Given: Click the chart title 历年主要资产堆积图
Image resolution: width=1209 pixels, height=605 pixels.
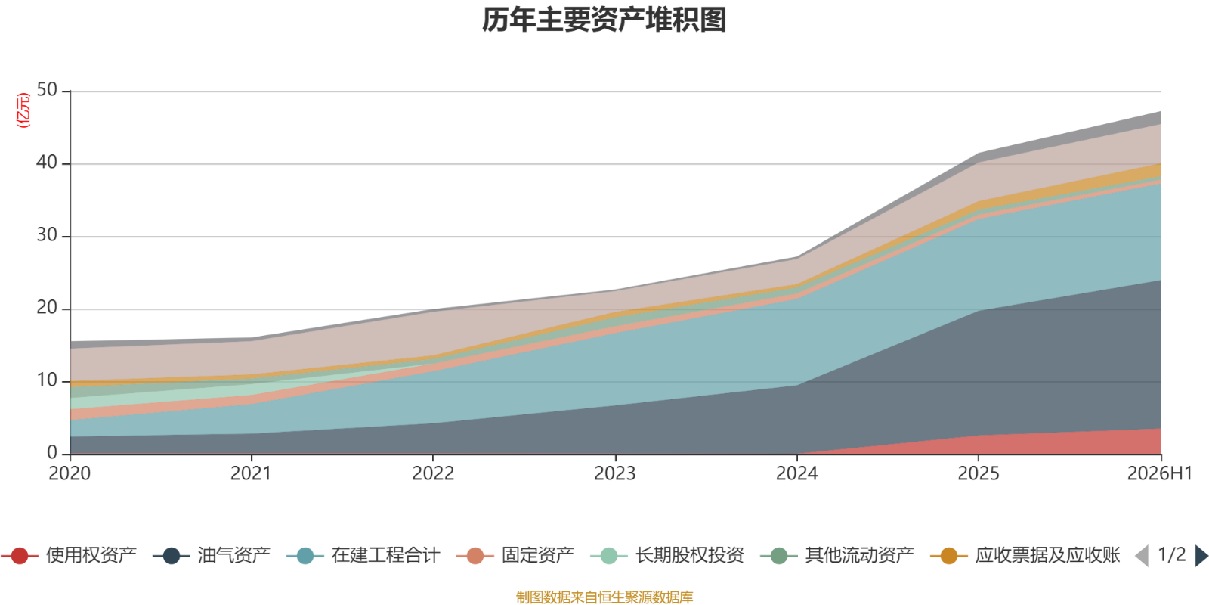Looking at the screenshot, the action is click(604, 20).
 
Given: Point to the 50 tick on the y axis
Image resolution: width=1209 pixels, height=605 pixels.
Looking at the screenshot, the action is click(47, 90).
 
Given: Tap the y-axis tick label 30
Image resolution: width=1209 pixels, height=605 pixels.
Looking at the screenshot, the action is click(47, 235).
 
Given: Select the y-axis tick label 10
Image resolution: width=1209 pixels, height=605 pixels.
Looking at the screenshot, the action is click(47, 380).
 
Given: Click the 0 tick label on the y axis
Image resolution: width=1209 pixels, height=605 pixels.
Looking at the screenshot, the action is click(52, 453).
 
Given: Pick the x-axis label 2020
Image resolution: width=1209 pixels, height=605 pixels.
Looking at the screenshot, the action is click(70, 473).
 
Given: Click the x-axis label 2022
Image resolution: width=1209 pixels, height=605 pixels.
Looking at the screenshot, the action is click(434, 473).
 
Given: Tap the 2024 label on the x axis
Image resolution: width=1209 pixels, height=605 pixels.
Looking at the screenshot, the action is click(797, 473).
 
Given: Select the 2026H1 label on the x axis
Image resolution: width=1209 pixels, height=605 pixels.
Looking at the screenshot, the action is click(1160, 473).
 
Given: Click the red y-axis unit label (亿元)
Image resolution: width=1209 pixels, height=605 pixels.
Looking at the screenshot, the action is click(23, 110).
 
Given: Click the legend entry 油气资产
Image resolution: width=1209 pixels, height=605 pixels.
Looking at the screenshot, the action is click(212, 555).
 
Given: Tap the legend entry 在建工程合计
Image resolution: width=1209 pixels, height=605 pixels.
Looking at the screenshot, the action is click(363, 555).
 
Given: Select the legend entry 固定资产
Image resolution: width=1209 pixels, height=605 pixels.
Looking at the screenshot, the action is click(515, 555).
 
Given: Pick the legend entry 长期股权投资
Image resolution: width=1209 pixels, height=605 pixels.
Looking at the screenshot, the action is click(668, 555).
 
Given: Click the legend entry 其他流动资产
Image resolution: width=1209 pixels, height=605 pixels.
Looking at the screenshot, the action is click(837, 555).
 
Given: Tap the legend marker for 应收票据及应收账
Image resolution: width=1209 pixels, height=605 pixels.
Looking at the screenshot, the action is click(949, 556).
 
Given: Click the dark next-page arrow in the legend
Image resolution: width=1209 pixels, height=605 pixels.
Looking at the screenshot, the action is click(1201, 556).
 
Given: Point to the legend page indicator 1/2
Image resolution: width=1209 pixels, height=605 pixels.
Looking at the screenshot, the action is click(1172, 555).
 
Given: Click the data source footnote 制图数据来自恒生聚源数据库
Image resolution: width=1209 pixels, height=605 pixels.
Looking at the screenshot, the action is click(604, 597).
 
